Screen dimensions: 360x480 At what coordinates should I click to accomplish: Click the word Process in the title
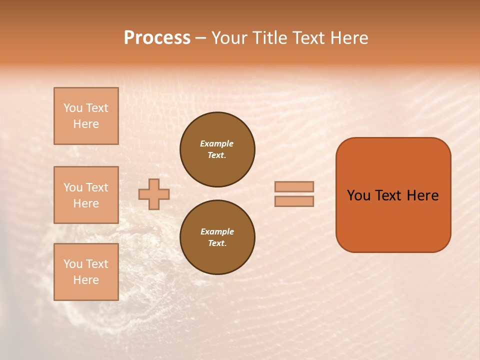157,38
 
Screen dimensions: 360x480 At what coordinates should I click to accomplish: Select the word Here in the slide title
349,38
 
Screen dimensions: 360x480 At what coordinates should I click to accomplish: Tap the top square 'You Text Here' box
86,116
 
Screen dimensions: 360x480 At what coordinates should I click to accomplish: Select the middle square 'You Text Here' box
86,195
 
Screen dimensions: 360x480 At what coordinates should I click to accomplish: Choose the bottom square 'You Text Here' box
86,272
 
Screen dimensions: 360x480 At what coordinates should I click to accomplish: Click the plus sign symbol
154,194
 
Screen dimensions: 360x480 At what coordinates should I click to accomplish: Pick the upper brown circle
217,149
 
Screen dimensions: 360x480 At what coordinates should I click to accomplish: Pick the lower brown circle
217,237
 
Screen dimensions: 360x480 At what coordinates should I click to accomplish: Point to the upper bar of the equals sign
294,186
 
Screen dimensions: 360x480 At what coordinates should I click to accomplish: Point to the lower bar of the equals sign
294,201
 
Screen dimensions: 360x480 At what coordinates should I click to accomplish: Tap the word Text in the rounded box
388,195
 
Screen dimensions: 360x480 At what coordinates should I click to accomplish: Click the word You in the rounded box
359,195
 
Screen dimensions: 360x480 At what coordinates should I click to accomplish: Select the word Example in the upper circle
216,143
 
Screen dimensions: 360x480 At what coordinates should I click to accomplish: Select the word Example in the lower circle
217,231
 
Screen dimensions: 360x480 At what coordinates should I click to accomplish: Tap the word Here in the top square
86,124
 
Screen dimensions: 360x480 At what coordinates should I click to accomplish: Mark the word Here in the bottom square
86,280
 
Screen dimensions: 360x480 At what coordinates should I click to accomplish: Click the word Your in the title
229,38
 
